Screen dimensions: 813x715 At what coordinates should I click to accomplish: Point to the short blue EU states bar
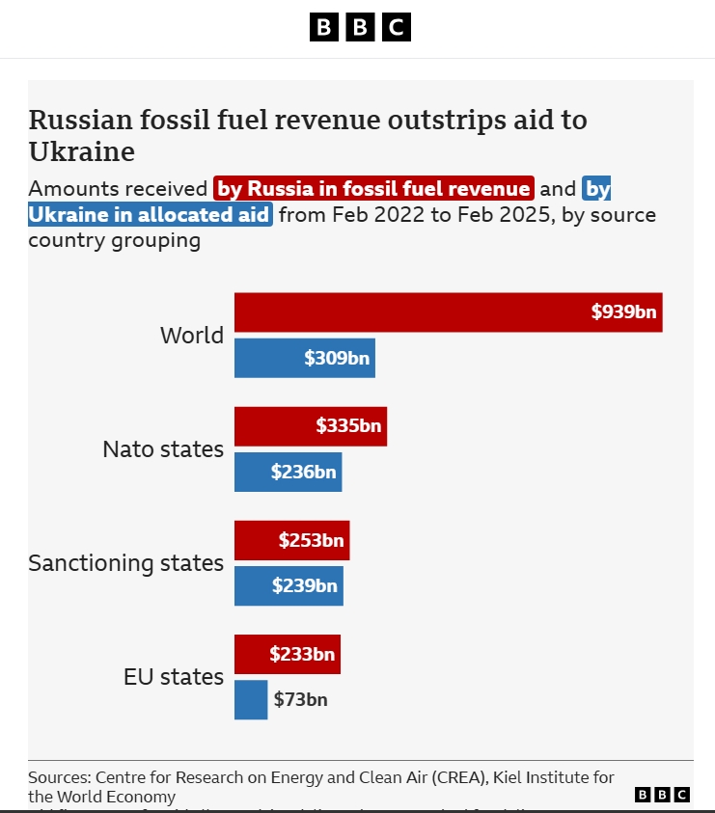(251, 700)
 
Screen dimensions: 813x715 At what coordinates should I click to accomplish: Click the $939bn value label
(624, 312)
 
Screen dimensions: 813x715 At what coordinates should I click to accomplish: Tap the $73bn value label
(300, 700)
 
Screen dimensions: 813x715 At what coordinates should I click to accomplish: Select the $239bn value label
(305, 586)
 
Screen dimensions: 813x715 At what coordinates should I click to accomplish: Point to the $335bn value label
(348, 426)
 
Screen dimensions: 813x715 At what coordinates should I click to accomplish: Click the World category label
(191, 336)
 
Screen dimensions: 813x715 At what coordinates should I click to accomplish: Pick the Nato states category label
(163, 449)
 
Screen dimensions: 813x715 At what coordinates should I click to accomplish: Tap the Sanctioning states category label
(125, 563)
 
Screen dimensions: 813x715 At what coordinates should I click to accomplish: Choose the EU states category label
(174, 677)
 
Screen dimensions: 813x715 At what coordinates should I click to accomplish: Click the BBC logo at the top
(360, 27)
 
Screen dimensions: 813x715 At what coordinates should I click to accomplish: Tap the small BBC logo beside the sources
(662, 794)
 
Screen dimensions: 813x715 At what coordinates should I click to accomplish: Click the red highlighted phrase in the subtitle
(373, 189)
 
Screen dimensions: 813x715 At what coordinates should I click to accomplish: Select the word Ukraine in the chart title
(81, 152)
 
